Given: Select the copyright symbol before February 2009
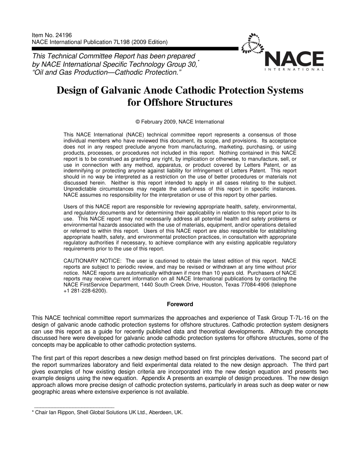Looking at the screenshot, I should click(x=138, y=122).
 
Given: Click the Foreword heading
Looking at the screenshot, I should click(x=180, y=304).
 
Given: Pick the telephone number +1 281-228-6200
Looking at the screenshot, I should click(x=86, y=291).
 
